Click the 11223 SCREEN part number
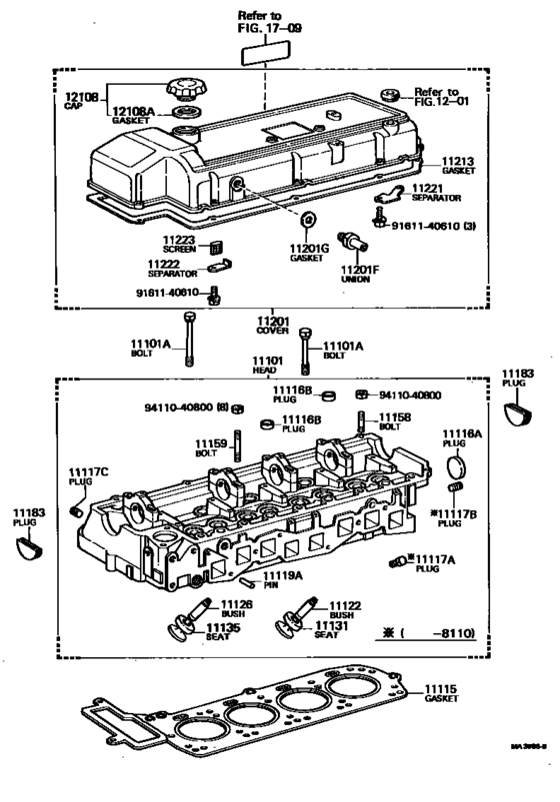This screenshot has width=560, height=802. (180, 240)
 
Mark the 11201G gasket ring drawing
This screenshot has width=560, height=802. (307, 219)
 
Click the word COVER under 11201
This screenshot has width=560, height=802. (272, 329)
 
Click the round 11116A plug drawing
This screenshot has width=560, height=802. (455, 467)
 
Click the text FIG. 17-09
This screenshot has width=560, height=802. (263, 30)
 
